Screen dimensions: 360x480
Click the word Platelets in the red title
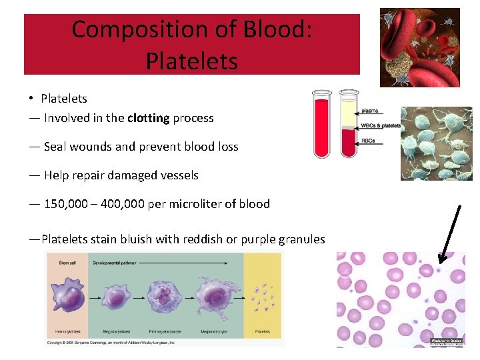click(x=191, y=61)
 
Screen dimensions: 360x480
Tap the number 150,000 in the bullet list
click(x=65, y=204)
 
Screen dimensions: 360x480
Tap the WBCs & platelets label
click(x=381, y=125)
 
